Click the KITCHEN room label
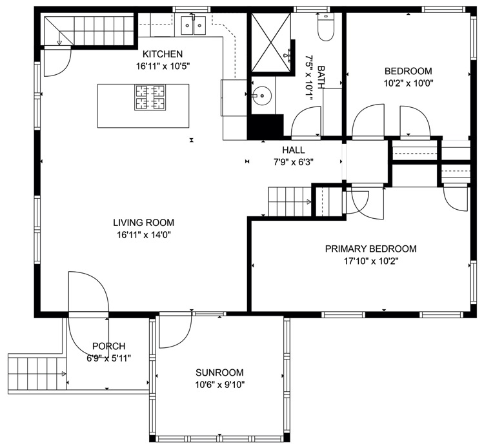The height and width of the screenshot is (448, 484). pos(163,54)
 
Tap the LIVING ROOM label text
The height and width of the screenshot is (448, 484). pos(143,223)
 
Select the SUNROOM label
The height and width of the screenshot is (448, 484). pos(219,372)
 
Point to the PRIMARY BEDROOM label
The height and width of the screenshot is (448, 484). pos(370,249)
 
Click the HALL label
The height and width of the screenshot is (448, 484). pos(294,150)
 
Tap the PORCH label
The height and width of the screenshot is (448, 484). pos(109,346)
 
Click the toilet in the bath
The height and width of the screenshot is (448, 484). pos(326,27)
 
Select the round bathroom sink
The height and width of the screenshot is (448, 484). pos(261,96)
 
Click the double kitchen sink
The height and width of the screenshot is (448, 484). pos(194,26)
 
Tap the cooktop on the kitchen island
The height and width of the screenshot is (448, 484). pos(150,97)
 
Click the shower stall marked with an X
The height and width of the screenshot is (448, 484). pos(270,43)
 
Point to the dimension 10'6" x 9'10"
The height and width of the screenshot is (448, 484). pos(220,385)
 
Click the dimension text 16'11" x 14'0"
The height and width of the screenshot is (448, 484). pos(144,235)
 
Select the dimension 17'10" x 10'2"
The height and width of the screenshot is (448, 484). pos(371,261)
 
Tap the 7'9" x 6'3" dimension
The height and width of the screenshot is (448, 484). pos(294,162)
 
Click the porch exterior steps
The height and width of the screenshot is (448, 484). pos(37,374)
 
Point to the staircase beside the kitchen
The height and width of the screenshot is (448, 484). pos(89,30)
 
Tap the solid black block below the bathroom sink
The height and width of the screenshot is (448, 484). pos(265,127)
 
